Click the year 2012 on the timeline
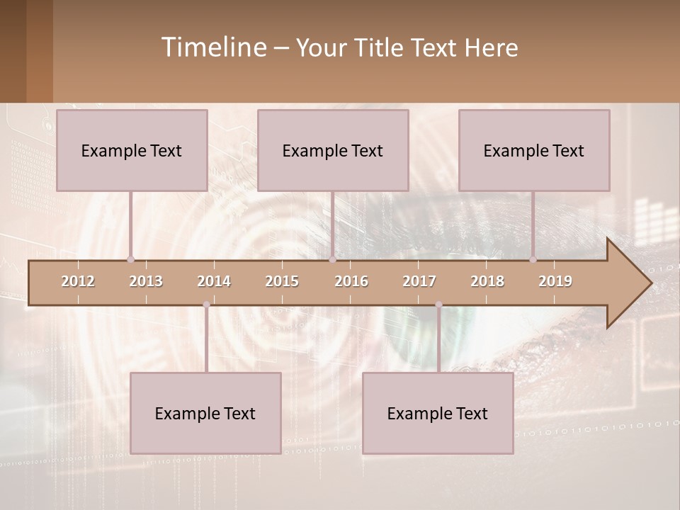click(x=78, y=281)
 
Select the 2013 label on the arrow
click(x=146, y=281)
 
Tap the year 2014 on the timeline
click(x=214, y=281)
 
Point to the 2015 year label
click(x=282, y=281)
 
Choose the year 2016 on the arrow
click(x=351, y=281)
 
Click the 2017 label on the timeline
click(x=419, y=281)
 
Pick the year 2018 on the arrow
click(x=487, y=281)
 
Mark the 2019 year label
click(x=555, y=281)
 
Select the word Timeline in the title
click(x=213, y=47)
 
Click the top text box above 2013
click(x=132, y=150)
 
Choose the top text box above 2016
click(x=333, y=150)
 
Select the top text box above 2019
click(x=534, y=150)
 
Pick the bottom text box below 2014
click(x=205, y=413)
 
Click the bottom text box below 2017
click(x=438, y=413)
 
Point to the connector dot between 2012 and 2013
click(x=130, y=259)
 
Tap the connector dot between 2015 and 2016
click(x=332, y=259)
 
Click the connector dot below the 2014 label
click(x=206, y=305)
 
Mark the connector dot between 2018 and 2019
click(x=533, y=259)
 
